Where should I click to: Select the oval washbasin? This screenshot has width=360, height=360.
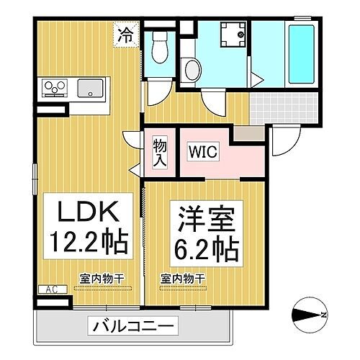pyautogui.click(x=192, y=71)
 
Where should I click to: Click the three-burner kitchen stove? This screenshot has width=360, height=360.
pyautogui.click(x=55, y=89)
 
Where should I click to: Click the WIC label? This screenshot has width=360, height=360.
pyautogui.click(x=203, y=152)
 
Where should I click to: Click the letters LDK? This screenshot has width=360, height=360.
pyautogui.click(x=84, y=213)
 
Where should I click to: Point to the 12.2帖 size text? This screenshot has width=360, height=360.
pyautogui.click(x=88, y=242)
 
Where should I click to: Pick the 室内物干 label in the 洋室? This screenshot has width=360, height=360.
pyautogui.click(x=183, y=278)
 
